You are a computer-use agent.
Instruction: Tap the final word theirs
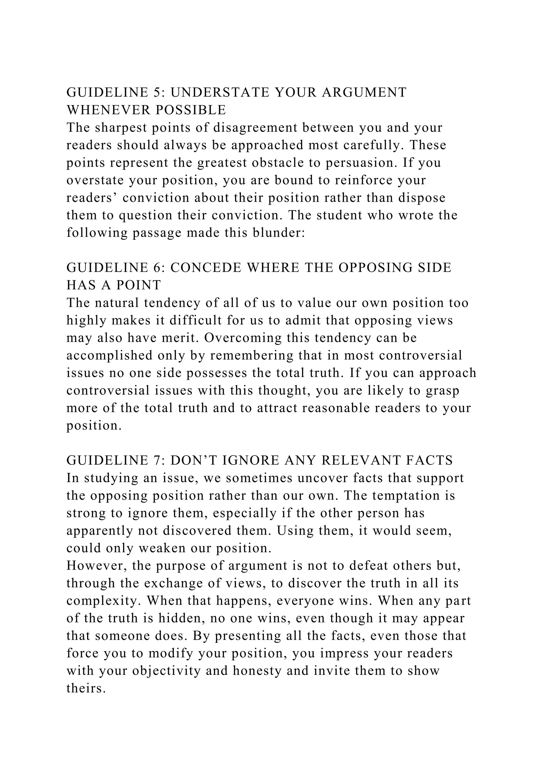(86, 688)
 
